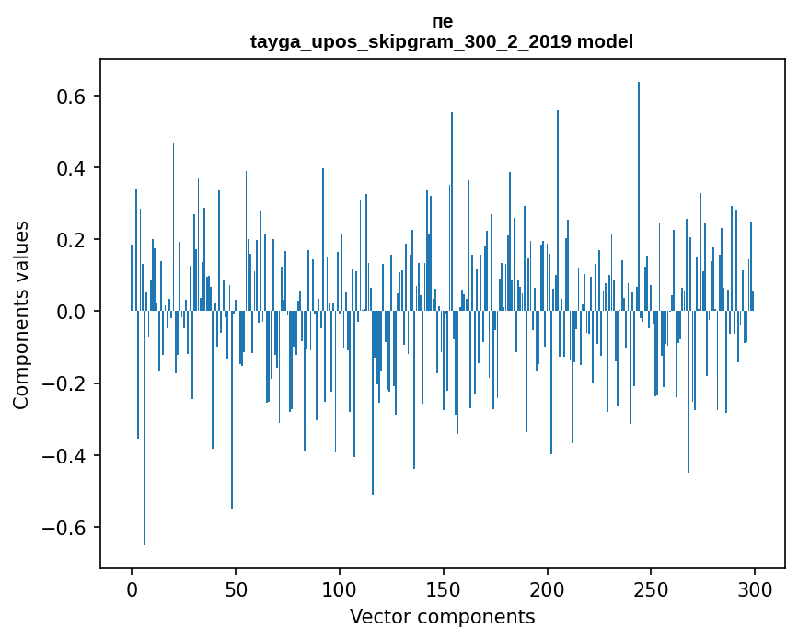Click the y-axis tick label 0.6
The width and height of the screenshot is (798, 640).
point(70,97)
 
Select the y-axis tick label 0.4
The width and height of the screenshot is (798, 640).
point(70,168)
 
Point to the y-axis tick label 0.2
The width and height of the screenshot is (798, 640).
point(70,240)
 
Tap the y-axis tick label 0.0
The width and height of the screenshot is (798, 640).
point(70,312)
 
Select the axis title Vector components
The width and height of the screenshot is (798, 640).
point(442,616)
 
